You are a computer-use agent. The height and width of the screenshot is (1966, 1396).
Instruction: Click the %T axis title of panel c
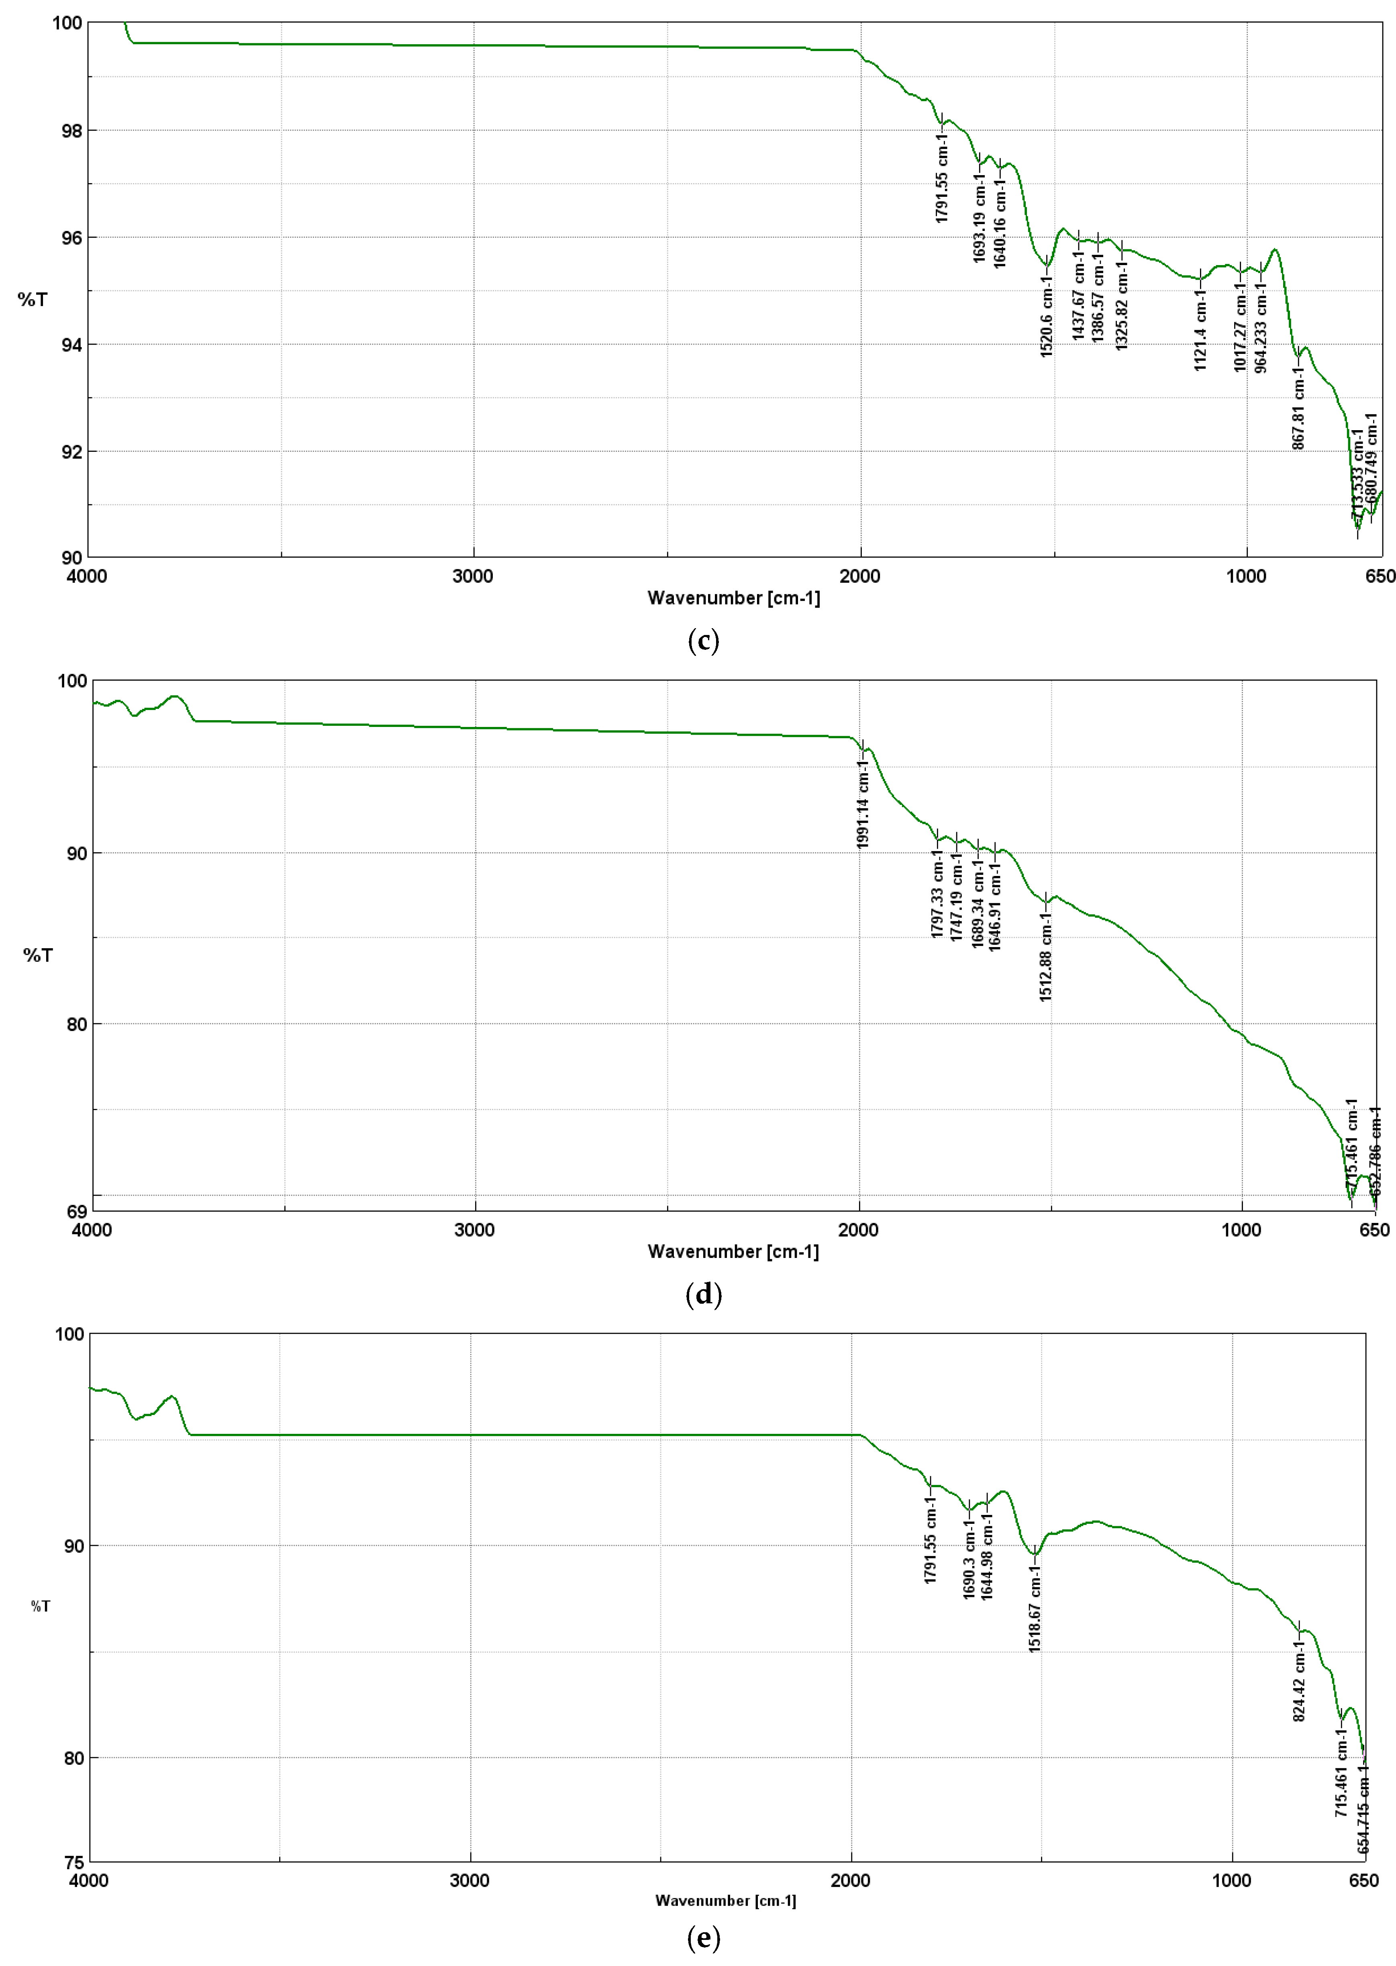(33, 299)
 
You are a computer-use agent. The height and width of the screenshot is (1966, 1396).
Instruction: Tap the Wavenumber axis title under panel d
(733, 1251)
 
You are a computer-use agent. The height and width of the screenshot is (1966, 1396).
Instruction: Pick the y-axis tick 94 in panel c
(72, 345)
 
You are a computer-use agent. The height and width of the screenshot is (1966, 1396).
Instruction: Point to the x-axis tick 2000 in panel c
(859, 576)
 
